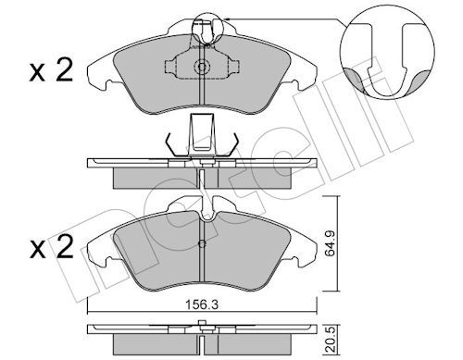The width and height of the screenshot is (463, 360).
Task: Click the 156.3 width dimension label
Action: [202, 304]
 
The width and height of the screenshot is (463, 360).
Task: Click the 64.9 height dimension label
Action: [330, 243]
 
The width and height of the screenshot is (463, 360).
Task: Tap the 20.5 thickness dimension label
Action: [330, 340]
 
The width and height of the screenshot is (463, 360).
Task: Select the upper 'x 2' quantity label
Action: [51, 70]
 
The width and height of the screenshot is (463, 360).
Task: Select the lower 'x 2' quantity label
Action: [52, 247]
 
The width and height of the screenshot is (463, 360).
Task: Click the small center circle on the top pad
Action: [202, 67]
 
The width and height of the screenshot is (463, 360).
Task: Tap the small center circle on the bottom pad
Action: [202, 244]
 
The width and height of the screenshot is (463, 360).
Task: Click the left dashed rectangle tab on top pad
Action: [169, 66]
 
